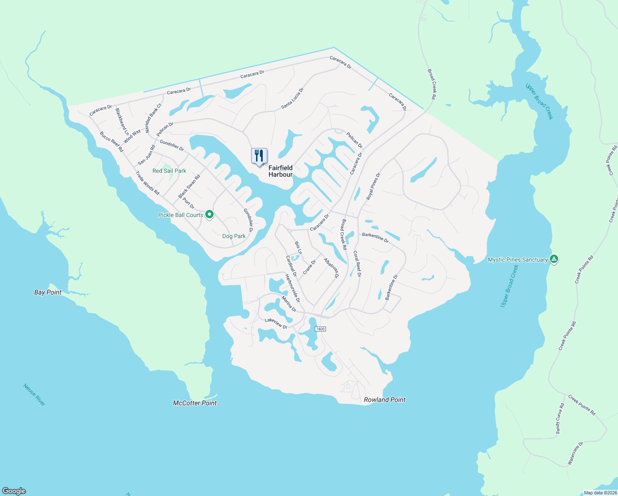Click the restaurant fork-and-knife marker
point(259,156)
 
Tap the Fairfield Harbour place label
point(280,171)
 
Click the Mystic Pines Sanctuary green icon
point(554,260)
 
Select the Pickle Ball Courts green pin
point(209,215)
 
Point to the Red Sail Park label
point(169,171)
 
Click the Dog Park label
point(234,236)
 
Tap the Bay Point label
point(48,292)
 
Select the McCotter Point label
point(195,403)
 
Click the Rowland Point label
point(385,400)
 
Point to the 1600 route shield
point(320,329)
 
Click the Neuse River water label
point(34,395)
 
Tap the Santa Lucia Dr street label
point(292,98)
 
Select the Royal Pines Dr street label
point(373,187)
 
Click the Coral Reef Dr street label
point(357,264)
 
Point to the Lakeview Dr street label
point(276,323)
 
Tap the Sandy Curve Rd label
point(560,419)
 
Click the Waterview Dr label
point(575,453)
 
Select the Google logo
point(14,491)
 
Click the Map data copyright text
point(600,493)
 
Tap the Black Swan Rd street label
point(189,186)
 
